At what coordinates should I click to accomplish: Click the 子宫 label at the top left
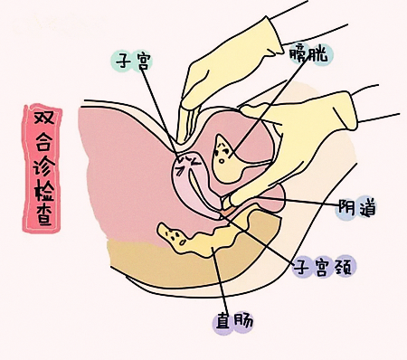pos(132,61)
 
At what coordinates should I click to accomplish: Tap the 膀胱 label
pos(308,54)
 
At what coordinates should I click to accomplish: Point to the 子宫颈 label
pos(324,267)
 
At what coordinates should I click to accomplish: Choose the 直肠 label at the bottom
pos(234,322)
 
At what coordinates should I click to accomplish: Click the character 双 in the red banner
pos(43,118)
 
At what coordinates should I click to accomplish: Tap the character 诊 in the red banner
pos(43,165)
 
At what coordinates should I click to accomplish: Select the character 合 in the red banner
pos(43,141)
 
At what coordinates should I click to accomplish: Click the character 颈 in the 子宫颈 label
pos(344,267)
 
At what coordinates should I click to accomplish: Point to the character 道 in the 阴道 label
pos(367,208)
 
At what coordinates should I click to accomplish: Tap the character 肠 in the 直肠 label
pos(243,322)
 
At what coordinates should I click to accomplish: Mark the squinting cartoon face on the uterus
pos(188,164)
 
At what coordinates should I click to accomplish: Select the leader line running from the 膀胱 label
pos(269,105)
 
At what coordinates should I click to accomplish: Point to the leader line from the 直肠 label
pos(218,279)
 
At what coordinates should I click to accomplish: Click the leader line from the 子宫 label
pos(159,112)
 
